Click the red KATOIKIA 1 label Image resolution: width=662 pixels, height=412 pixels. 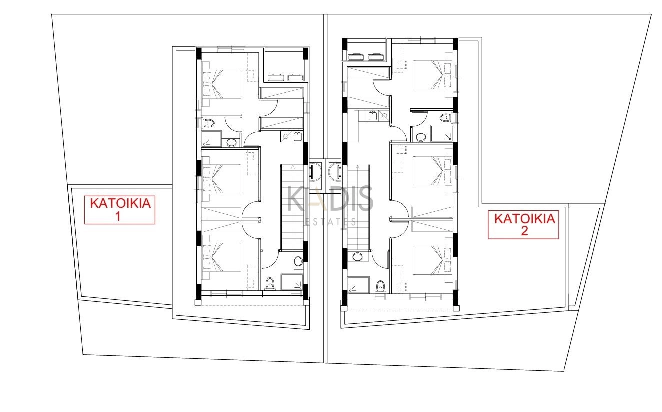(x=120, y=210)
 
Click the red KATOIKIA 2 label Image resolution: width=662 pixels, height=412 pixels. (x=523, y=225)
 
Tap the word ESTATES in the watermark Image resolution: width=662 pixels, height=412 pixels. (x=330, y=222)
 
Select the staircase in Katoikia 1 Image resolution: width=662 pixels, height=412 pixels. (x=292, y=207)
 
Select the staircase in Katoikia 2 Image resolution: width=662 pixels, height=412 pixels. (x=358, y=207)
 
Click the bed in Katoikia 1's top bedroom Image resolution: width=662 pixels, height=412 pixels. (x=222, y=84)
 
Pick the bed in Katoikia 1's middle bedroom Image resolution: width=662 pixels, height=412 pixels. (x=222, y=179)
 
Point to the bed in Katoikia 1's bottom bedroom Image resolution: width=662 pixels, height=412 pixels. (x=222, y=257)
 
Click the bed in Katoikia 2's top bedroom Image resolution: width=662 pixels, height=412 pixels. (x=432, y=75)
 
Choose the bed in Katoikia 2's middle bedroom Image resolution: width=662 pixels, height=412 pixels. (x=432, y=171)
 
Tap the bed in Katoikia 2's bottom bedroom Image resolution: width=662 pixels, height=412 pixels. (x=432, y=260)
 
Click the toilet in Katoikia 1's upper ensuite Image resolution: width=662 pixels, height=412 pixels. (x=208, y=123)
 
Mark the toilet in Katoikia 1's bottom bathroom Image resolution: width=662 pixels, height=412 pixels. (x=270, y=283)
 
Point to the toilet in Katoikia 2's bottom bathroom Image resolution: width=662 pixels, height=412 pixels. (x=380, y=286)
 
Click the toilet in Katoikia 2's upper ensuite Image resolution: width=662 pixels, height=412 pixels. (x=445, y=118)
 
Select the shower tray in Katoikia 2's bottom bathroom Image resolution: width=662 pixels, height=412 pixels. (x=359, y=285)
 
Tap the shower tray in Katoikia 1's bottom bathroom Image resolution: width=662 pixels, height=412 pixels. (x=292, y=282)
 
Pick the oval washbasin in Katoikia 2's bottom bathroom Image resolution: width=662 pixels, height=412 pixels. (x=358, y=256)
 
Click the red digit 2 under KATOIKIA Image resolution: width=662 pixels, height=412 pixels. (x=524, y=231)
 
